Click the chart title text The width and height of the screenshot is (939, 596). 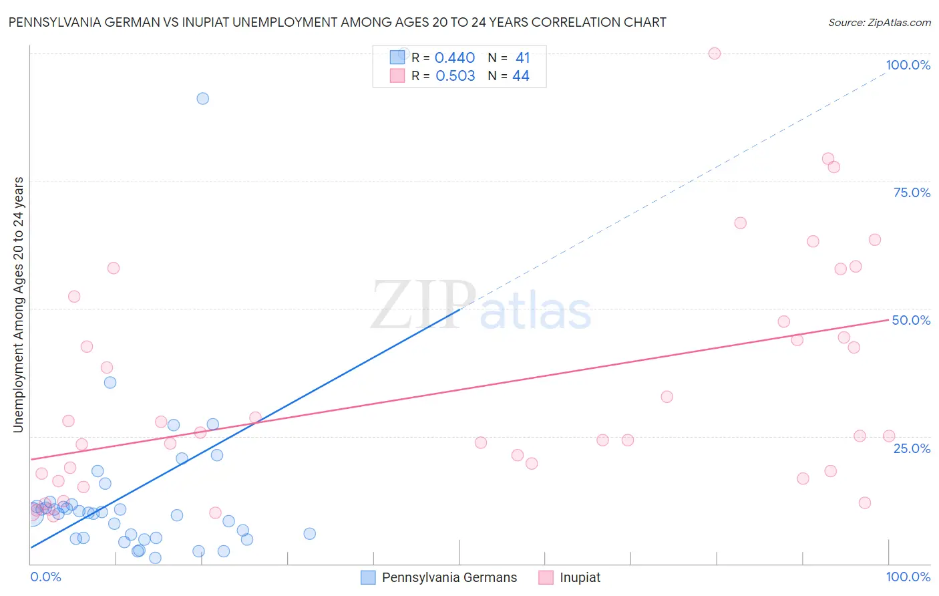click(x=337, y=22)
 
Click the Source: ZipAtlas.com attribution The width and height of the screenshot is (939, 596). click(x=879, y=22)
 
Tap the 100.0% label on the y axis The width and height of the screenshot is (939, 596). click(x=908, y=65)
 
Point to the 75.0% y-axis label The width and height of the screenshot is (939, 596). click(x=912, y=192)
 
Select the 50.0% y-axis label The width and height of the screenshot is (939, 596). click(x=911, y=320)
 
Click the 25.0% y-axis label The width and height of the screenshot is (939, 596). click(x=912, y=448)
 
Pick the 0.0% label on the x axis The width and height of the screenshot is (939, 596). click(x=45, y=577)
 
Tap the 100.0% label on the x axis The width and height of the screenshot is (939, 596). click(x=908, y=577)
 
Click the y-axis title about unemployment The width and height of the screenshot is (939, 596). click(x=18, y=305)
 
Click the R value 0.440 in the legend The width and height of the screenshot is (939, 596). click(x=455, y=58)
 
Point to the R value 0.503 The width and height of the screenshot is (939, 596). click(x=455, y=76)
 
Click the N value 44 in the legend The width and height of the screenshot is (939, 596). click(x=520, y=76)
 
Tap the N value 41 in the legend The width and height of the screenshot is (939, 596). click(x=522, y=58)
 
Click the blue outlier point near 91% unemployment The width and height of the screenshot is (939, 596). click(x=202, y=98)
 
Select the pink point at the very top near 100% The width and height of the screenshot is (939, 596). click(x=715, y=53)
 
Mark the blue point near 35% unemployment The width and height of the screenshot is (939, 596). click(x=110, y=382)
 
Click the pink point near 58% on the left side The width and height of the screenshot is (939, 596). click(x=114, y=268)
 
